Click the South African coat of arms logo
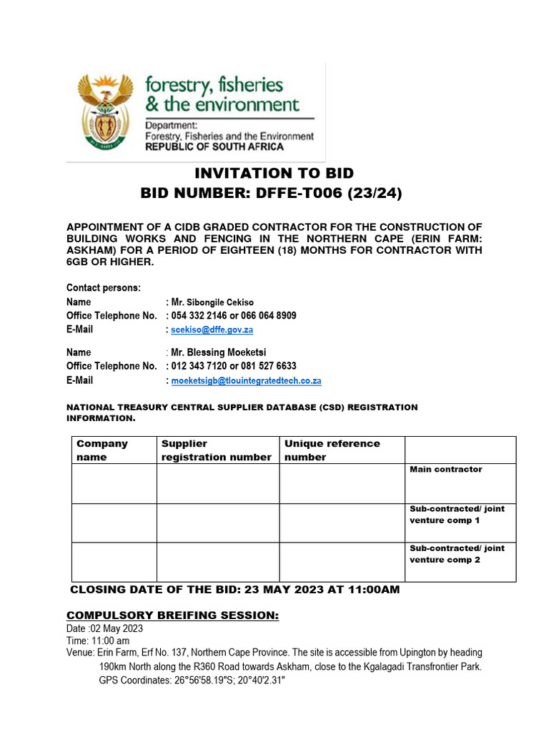pos(105,110)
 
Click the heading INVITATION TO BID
pos(274,173)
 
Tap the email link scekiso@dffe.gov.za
pos(212,330)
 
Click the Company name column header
pos(102,450)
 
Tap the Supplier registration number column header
pos(217,450)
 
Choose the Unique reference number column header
pos(332,450)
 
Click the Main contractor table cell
pos(446,470)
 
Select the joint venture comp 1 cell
pos(457,515)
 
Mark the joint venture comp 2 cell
pos(457,554)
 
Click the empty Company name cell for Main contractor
pos(114,483)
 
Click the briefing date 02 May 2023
pos(114,629)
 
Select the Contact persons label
pos(104,287)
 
